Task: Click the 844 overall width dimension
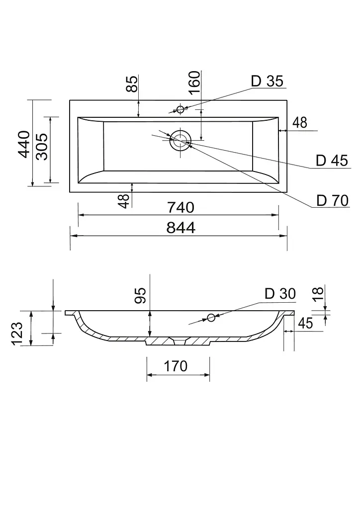coord(181,228)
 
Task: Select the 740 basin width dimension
coord(181,207)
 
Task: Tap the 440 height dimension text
coord(24,144)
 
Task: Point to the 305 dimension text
coord(42,146)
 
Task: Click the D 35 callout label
coord(267,81)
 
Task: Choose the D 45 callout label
coord(332,161)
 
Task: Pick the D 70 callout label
coord(333,201)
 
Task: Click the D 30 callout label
coord(280,294)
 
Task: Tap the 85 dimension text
coord(132,84)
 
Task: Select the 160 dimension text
coord(195,83)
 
